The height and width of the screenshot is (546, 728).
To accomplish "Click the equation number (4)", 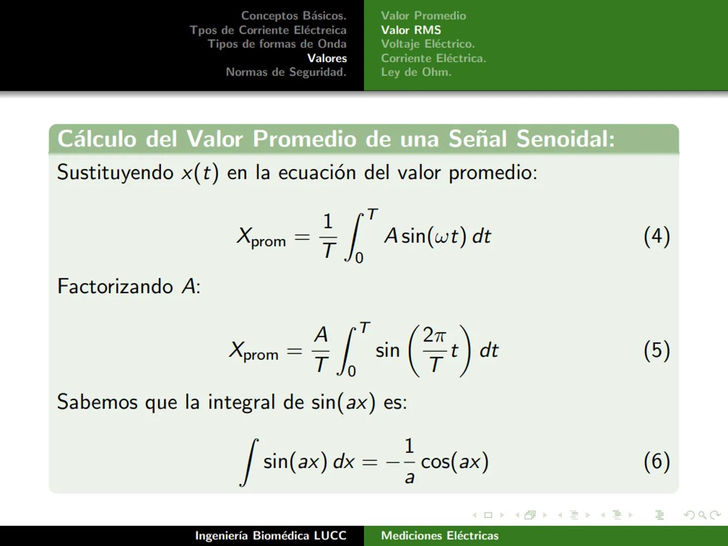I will click(656, 236).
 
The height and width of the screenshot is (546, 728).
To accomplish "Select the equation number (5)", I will click(656, 350).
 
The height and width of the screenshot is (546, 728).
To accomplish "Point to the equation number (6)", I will click(656, 461).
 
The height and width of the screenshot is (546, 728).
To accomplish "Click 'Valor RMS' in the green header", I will click(411, 30).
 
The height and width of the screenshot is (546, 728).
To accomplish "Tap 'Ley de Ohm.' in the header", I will click(416, 72).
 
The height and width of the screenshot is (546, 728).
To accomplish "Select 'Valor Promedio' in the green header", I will click(423, 16).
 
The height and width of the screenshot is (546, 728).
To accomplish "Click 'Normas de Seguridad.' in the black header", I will click(286, 72).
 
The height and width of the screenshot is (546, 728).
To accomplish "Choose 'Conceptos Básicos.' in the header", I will click(293, 16).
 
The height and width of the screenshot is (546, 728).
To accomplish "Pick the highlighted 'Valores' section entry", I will click(327, 58).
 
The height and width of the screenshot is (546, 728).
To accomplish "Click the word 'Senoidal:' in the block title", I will click(565, 139).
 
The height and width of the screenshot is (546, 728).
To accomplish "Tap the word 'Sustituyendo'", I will click(115, 173).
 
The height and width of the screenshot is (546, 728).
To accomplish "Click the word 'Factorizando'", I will click(115, 287).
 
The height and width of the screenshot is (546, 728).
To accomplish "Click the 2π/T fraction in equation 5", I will click(435, 350).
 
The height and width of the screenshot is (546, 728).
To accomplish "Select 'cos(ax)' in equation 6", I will click(454, 462).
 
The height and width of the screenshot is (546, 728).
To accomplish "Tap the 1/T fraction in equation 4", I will click(328, 236).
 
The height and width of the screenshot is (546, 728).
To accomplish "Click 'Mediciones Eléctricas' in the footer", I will click(439, 535).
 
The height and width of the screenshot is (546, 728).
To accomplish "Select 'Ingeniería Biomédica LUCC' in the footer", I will click(270, 535).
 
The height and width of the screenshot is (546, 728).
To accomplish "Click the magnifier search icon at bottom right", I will click(702, 515).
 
